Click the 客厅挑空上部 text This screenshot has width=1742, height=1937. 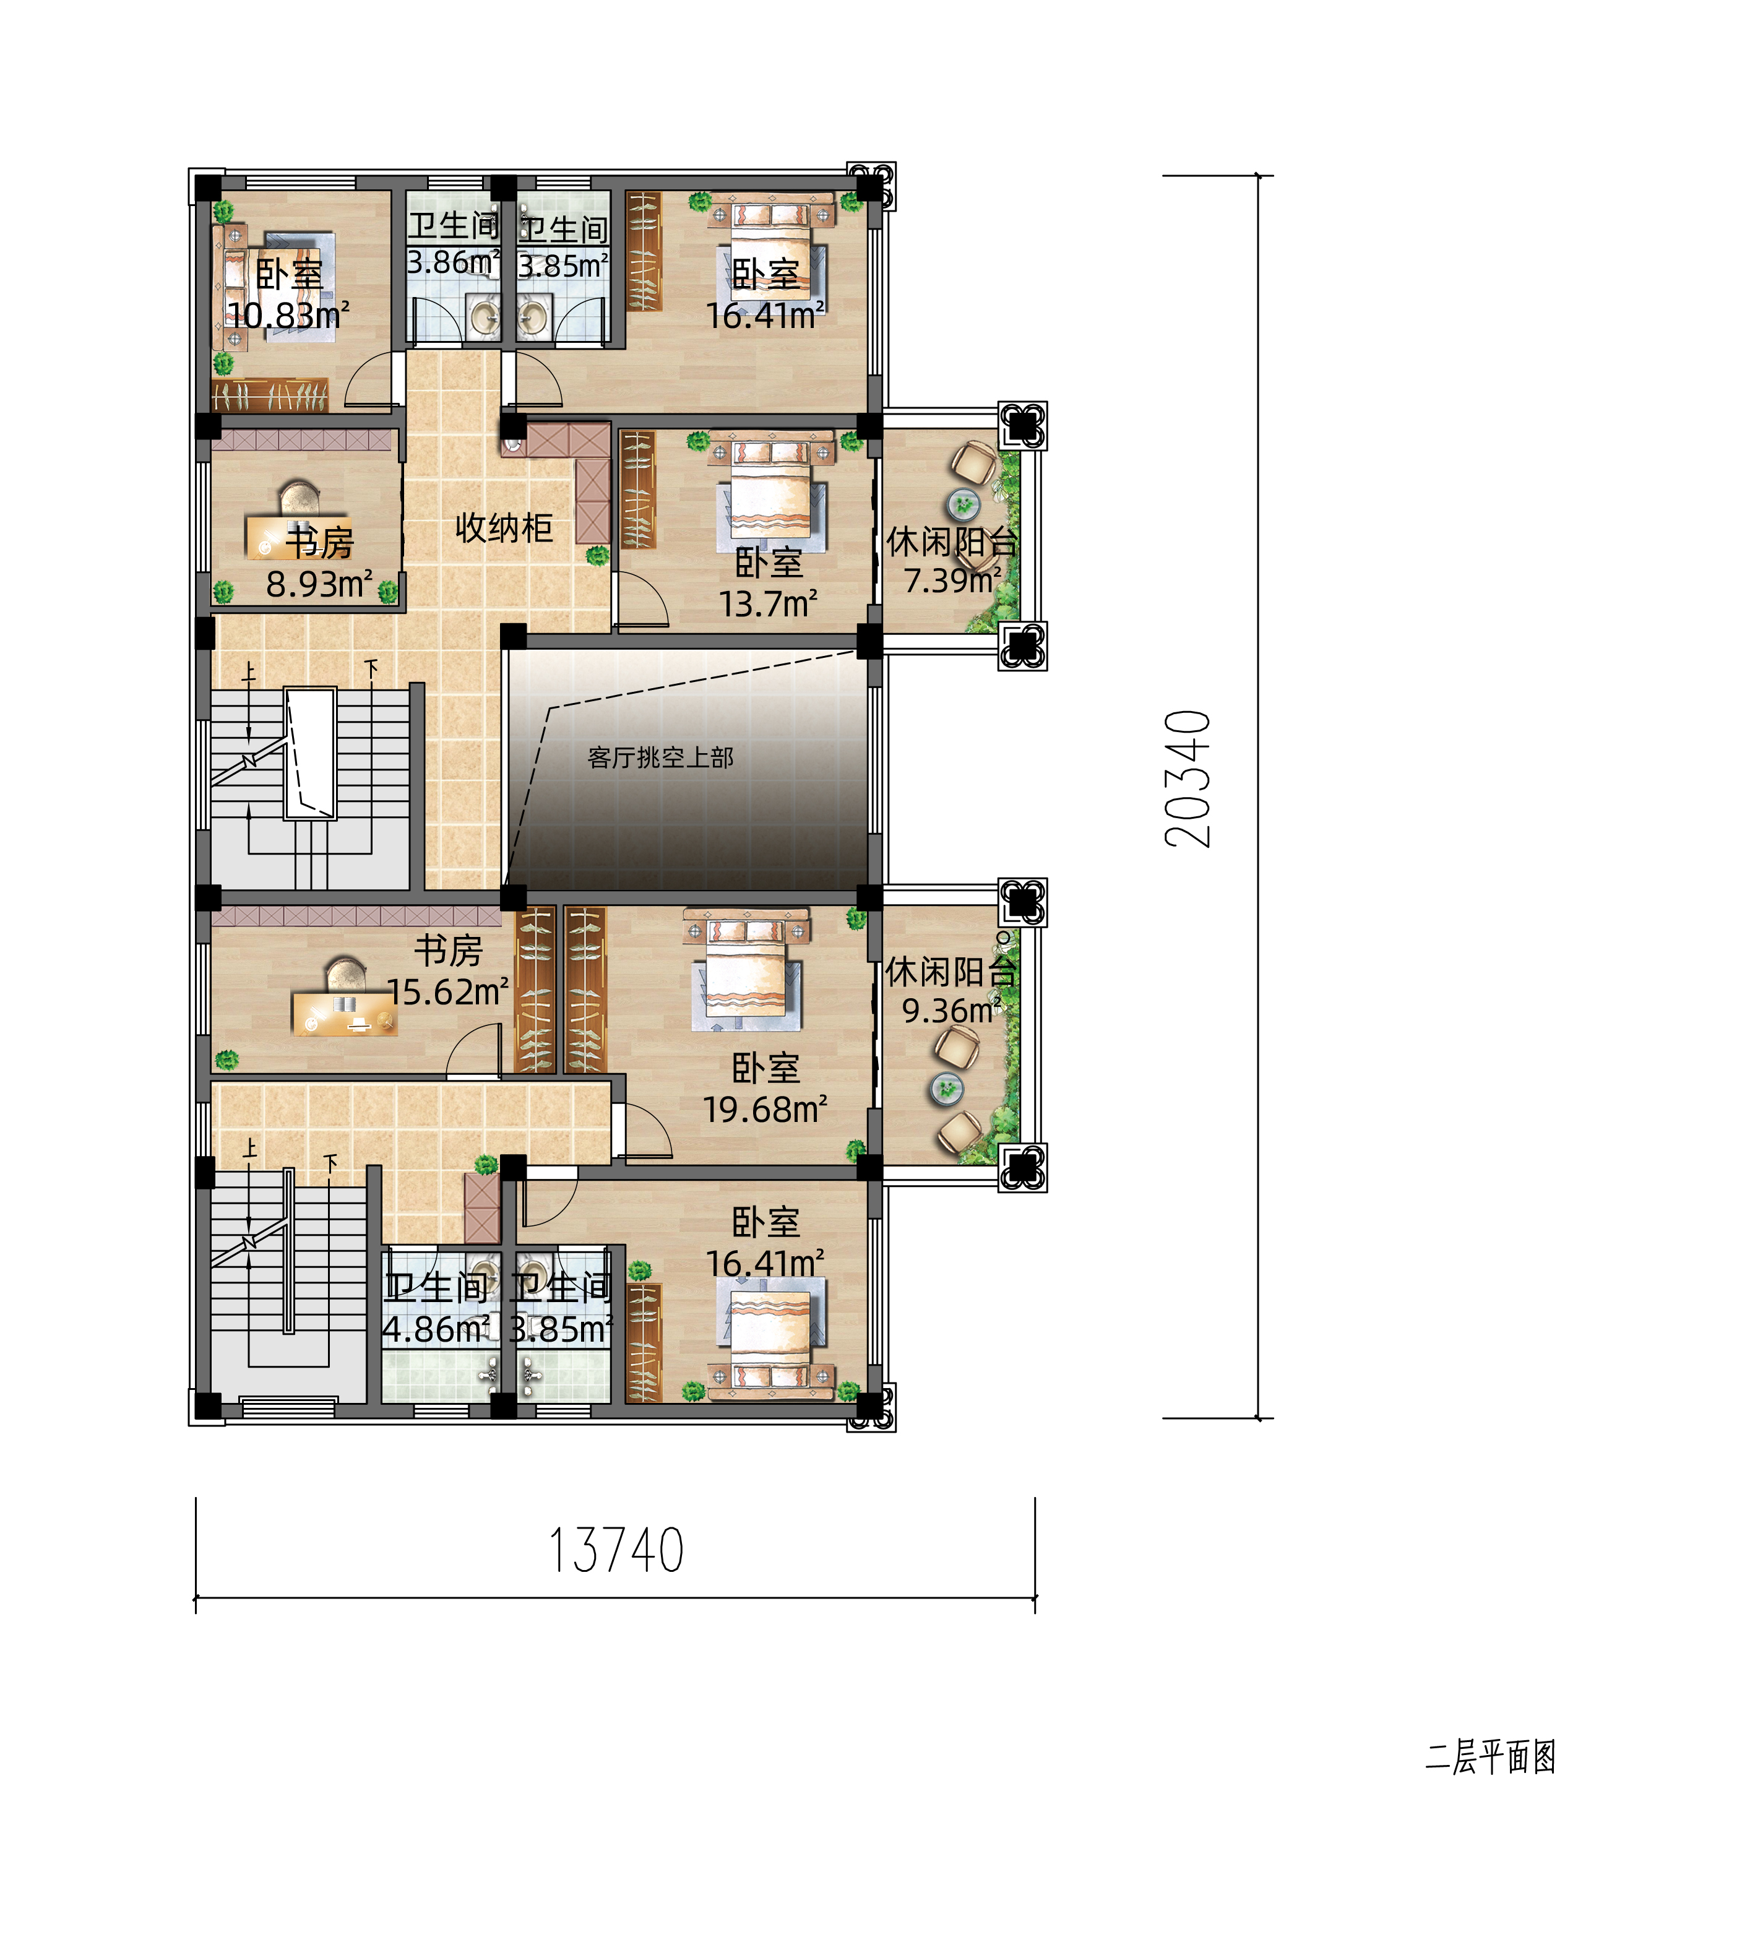(660, 758)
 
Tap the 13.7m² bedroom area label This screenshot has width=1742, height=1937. (769, 604)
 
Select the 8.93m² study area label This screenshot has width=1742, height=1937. (319, 584)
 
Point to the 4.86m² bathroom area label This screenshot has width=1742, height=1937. (436, 1329)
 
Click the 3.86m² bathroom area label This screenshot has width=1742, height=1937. (453, 262)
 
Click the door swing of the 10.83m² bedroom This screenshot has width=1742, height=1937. (368, 381)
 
